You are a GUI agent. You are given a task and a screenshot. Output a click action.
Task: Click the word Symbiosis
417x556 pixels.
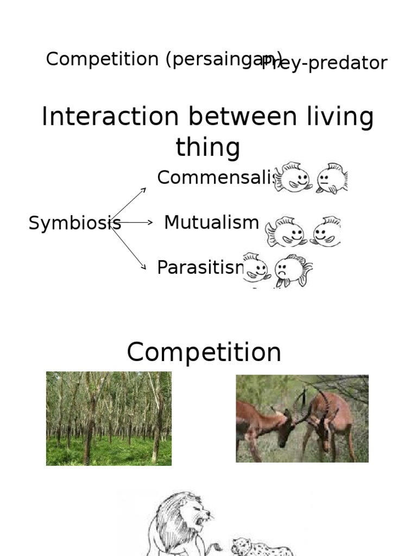74,223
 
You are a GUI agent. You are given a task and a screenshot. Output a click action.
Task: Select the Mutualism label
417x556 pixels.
211,222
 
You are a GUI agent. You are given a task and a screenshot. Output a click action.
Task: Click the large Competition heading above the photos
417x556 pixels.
204,352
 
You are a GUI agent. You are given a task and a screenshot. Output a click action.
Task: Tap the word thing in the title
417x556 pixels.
208,148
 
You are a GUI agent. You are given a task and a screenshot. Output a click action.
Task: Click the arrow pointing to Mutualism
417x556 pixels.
136,223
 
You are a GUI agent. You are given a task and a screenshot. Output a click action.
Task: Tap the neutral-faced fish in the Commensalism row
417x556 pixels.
332,178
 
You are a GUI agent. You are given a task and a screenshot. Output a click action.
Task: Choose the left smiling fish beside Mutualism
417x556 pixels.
285,232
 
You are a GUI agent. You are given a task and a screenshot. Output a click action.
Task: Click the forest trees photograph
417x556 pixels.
109,418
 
